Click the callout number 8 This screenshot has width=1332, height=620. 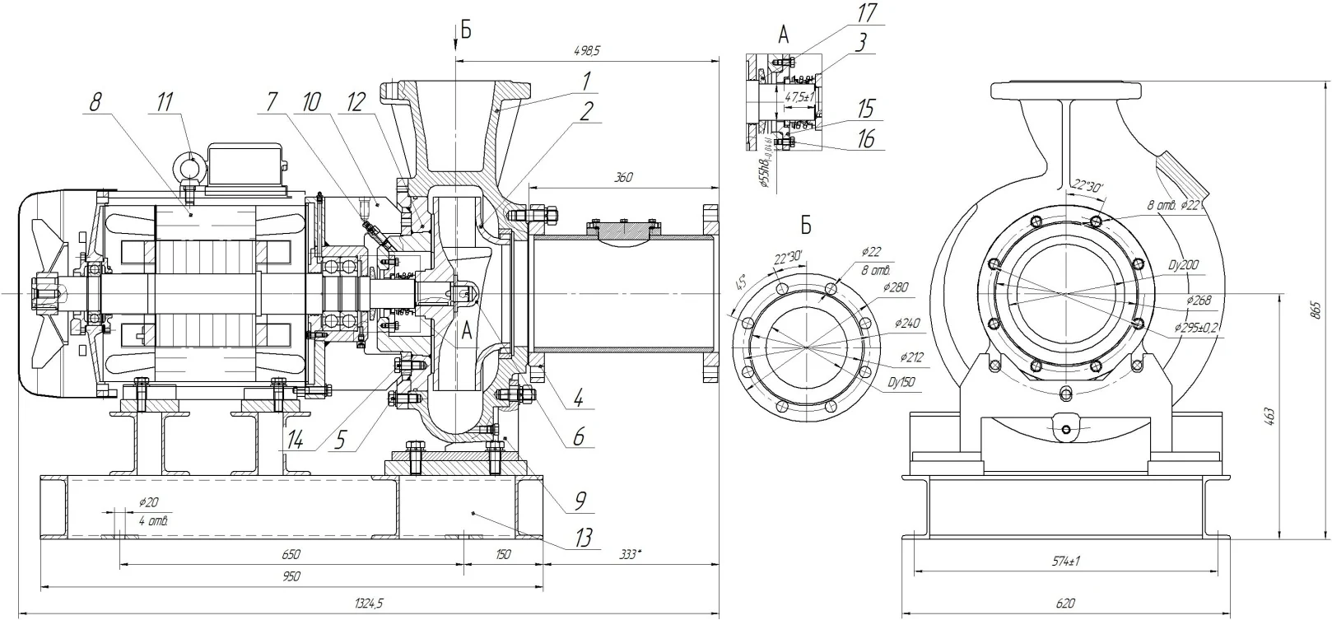95,102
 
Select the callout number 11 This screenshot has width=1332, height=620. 165,102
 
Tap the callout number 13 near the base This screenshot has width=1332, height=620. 583,539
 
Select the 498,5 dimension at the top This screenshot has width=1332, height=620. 587,50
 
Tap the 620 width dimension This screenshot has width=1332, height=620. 1066,604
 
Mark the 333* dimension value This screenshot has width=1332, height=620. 630,554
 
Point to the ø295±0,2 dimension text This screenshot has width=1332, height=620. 1197,327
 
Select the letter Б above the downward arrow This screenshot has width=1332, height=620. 466,31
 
